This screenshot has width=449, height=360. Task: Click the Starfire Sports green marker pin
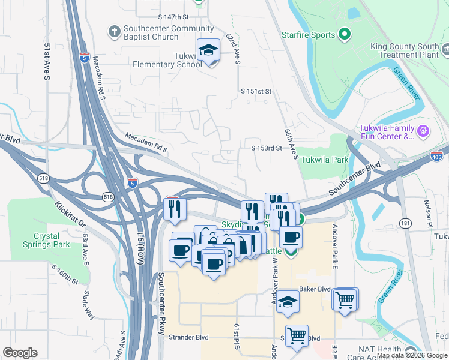[x=345, y=35]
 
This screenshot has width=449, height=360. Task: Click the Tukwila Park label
[x=324, y=160]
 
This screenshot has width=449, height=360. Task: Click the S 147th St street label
[x=173, y=17]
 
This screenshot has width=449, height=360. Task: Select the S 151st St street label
[x=257, y=91]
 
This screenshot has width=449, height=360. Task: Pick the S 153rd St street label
[x=267, y=148]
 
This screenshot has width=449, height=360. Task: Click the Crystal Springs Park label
[x=50, y=241]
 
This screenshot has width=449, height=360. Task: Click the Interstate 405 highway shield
[x=440, y=155]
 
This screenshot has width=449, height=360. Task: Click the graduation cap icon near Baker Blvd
[x=288, y=301]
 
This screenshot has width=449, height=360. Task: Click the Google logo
[x=20, y=353]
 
